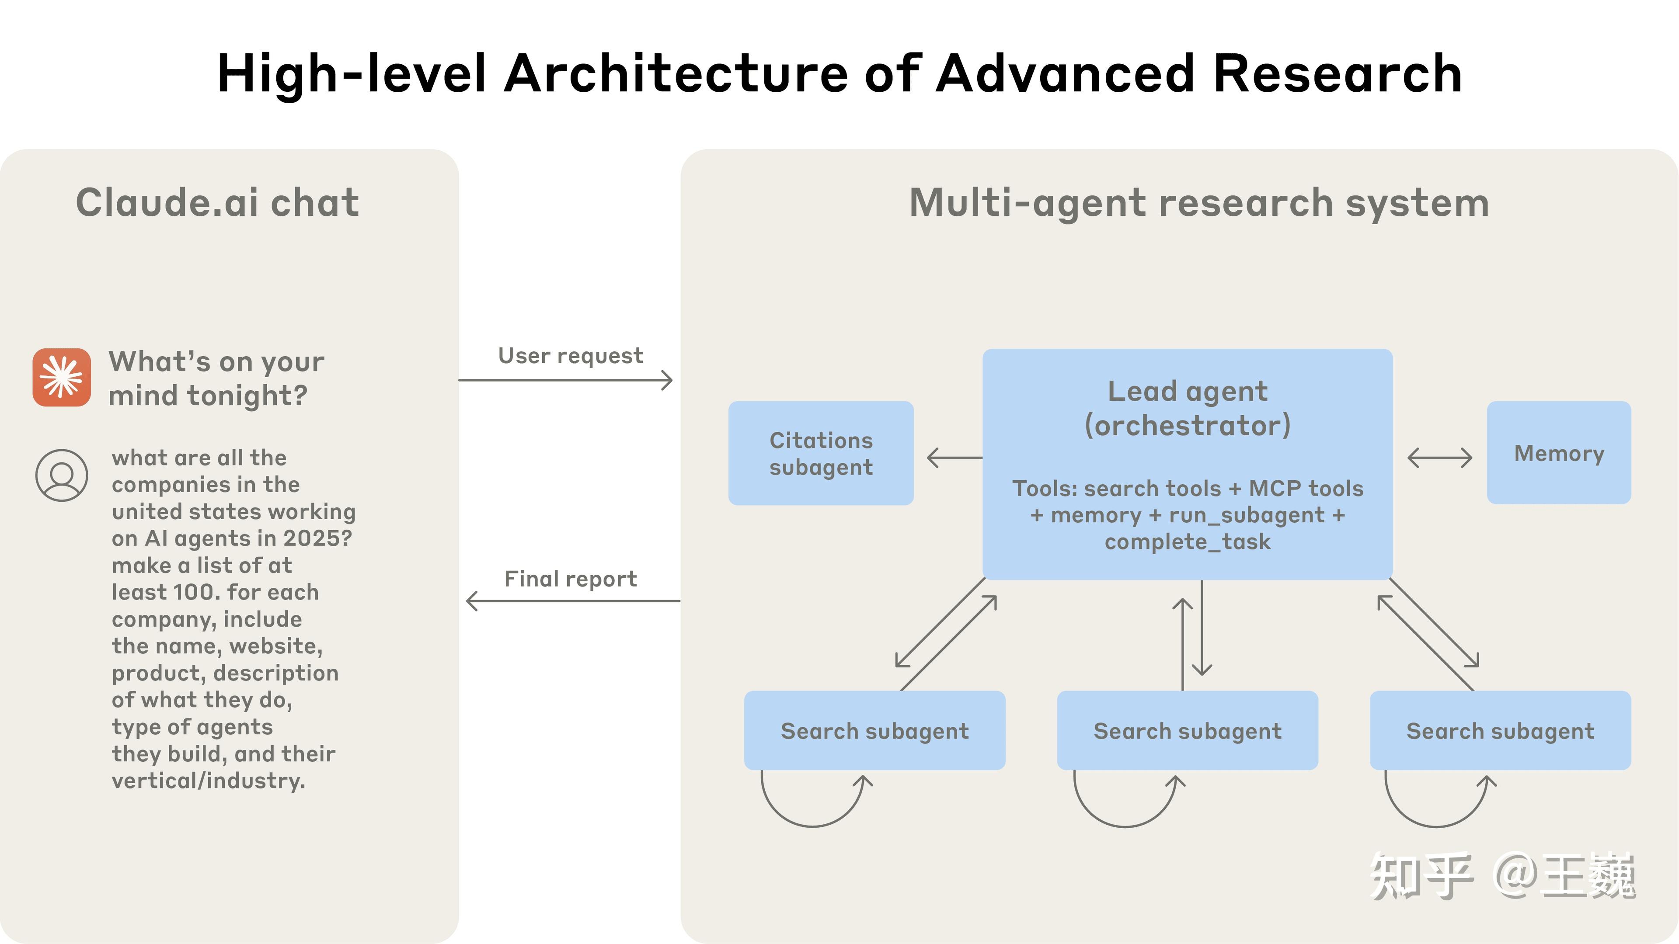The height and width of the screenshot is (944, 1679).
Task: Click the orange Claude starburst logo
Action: click(x=62, y=377)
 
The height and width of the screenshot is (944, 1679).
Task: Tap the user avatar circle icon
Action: click(x=62, y=475)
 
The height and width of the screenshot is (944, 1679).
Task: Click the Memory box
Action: click(x=1558, y=453)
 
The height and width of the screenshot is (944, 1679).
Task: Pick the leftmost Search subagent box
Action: click(x=874, y=730)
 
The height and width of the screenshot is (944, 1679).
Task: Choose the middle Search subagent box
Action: click(x=1187, y=730)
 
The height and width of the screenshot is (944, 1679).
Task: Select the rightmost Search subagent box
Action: click(x=1500, y=730)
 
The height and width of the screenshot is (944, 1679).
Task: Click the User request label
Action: click(x=570, y=356)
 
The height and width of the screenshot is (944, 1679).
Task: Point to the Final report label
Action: click(x=570, y=579)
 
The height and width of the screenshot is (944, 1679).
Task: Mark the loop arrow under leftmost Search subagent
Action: click(x=813, y=805)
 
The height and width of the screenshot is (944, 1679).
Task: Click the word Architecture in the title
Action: click(x=676, y=73)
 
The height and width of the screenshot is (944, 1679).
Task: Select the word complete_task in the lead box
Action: click(x=1187, y=541)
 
